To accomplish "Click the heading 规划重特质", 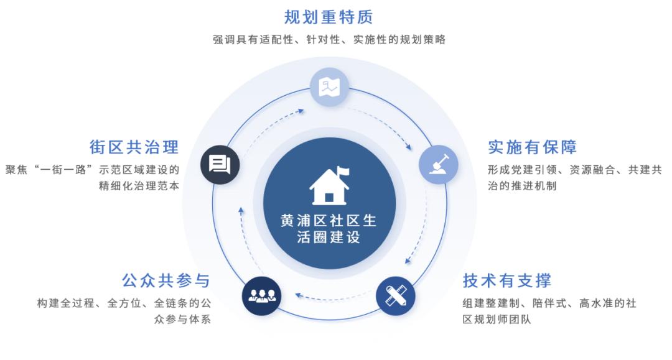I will point(329,16).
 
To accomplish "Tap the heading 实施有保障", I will point(532,147).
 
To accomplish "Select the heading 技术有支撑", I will point(506,280).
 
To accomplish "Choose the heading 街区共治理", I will point(134,147).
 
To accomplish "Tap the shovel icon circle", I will point(438,164).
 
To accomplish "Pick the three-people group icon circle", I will point(262,295).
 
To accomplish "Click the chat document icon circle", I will point(220,164).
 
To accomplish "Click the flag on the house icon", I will point(343,171).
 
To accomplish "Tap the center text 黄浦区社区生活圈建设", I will point(329,229).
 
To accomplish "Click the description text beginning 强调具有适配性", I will point(329,39).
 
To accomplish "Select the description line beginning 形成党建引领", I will point(574,169).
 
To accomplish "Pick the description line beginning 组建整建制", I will point(549,303).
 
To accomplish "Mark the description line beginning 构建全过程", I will point(124,303).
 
